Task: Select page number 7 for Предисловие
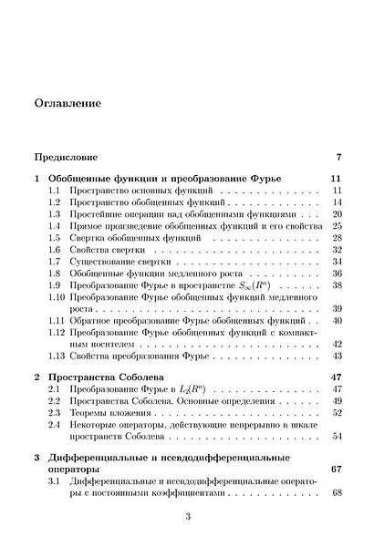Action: (338, 157)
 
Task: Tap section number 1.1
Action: (55, 190)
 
